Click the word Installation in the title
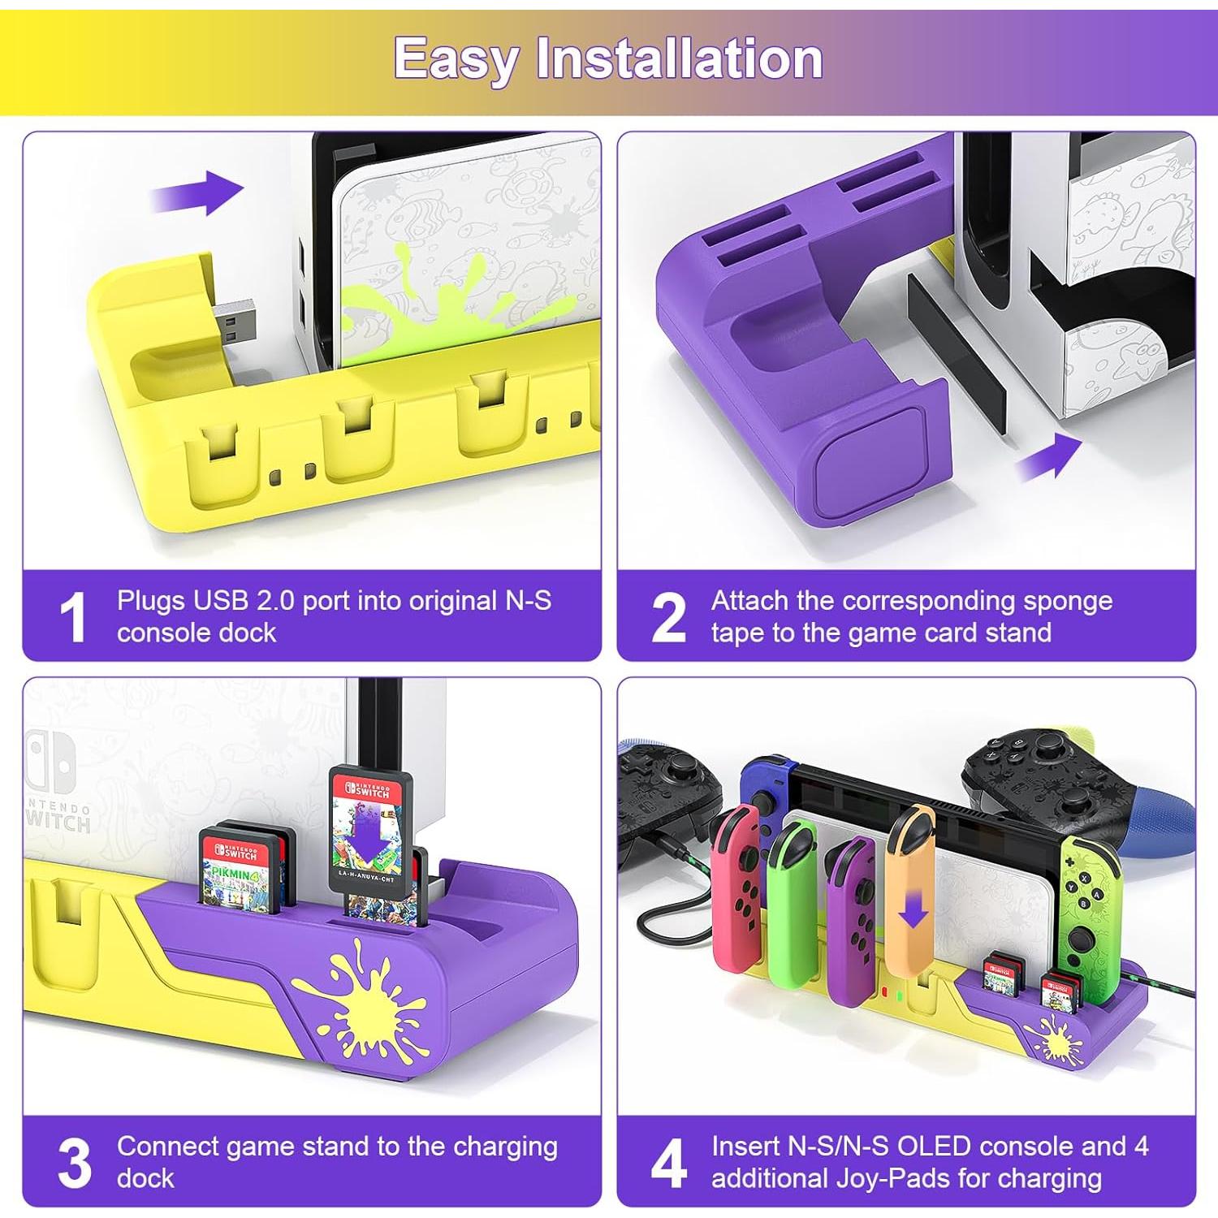coord(679,58)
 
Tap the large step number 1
coord(73,617)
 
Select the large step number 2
coord(668,617)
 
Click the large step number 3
coord(74,1164)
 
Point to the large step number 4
coord(669,1164)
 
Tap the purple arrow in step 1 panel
coord(199,192)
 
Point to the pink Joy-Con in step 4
coord(737,885)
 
